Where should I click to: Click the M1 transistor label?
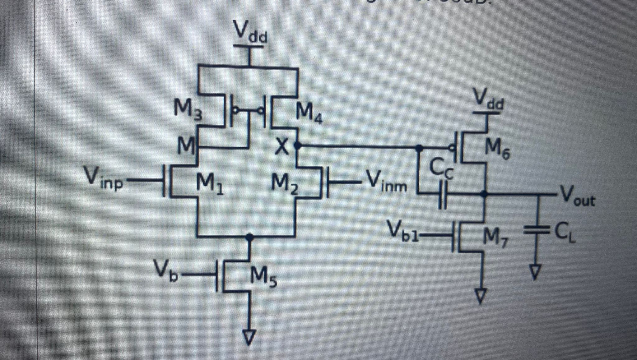click(210, 184)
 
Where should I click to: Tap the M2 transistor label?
click(285, 184)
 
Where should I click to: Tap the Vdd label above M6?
click(489, 99)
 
